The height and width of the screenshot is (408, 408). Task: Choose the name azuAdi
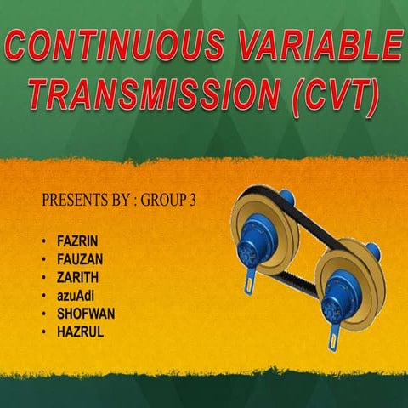click(x=73, y=295)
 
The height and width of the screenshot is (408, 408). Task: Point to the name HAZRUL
click(x=80, y=331)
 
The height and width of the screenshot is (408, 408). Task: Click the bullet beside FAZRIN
click(x=43, y=241)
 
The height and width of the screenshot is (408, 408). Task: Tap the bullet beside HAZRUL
click(x=43, y=331)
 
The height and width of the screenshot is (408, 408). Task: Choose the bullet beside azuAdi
click(x=43, y=296)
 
